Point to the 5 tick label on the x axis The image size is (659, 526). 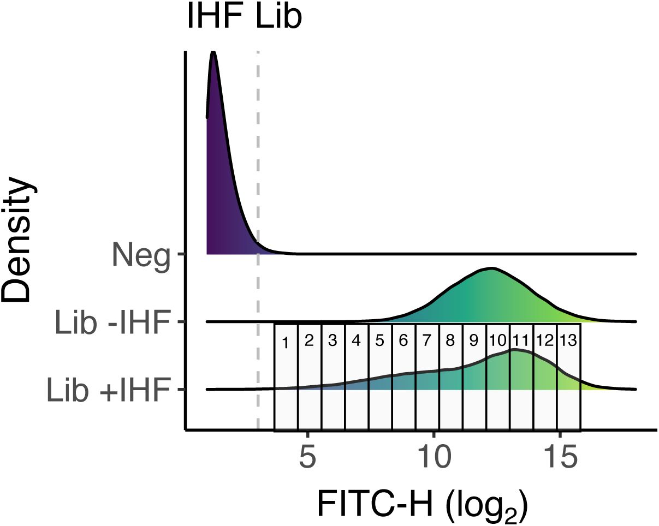pos(308,457)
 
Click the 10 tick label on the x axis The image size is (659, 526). pos(435,457)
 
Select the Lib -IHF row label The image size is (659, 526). pos(114,323)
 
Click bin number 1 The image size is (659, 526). pos(285,343)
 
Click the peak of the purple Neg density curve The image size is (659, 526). pos(213,52)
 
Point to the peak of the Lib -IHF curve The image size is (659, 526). pos(491,268)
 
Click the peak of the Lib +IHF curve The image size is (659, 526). pos(513,350)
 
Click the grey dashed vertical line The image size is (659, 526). pos(258,164)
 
